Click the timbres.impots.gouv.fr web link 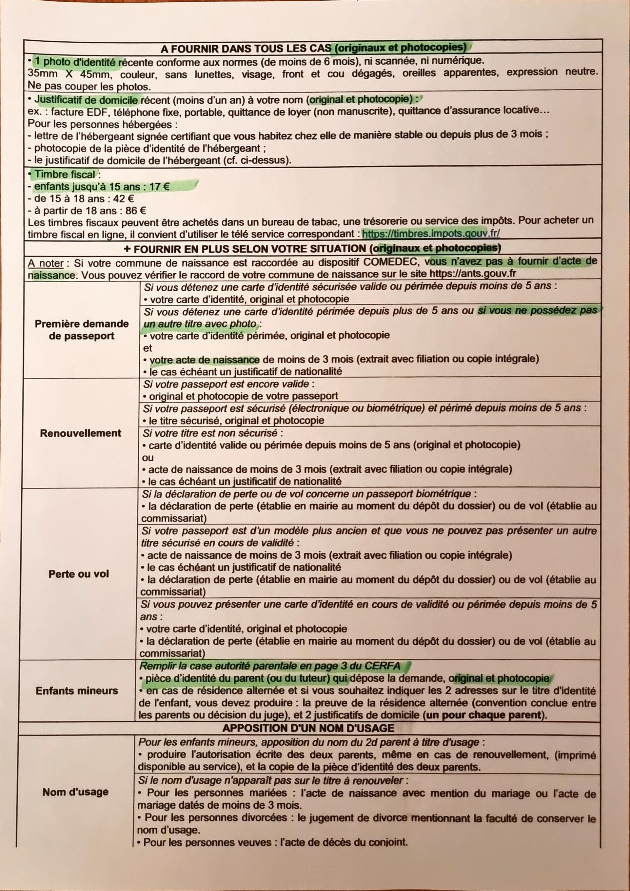click(x=431, y=233)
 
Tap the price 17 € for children click(x=159, y=187)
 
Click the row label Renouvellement click(x=80, y=433)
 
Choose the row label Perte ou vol click(x=79, y=574)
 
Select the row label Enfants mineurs click(x=77, y=691)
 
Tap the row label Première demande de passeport click(x=82, y=330)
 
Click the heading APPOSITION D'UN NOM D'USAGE click(x=308, y=728)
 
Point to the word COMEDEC click(x=391, y=262)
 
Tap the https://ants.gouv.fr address click(x=473, y=273)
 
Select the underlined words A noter click(x=45, y=263)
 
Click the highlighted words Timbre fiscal click(x=65, y=174)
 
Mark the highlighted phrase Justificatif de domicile click(x=86, y=100)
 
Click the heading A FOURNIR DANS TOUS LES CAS click(x=246, y=49)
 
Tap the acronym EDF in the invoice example click(x=90, y=112)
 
